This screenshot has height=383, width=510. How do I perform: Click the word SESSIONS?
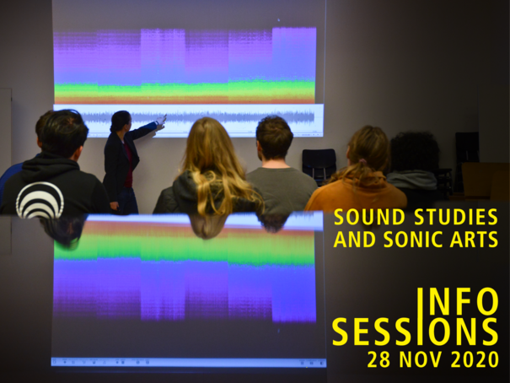(415, 332)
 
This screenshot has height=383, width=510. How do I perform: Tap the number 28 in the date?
(379, 359)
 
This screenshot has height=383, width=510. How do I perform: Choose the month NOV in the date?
(421, 359)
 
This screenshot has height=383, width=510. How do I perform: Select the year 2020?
(475, 359)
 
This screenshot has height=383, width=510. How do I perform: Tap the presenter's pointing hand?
(161, 121)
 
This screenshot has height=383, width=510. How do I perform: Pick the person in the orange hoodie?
(357, 172)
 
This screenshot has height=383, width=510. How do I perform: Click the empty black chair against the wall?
(319, 165)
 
